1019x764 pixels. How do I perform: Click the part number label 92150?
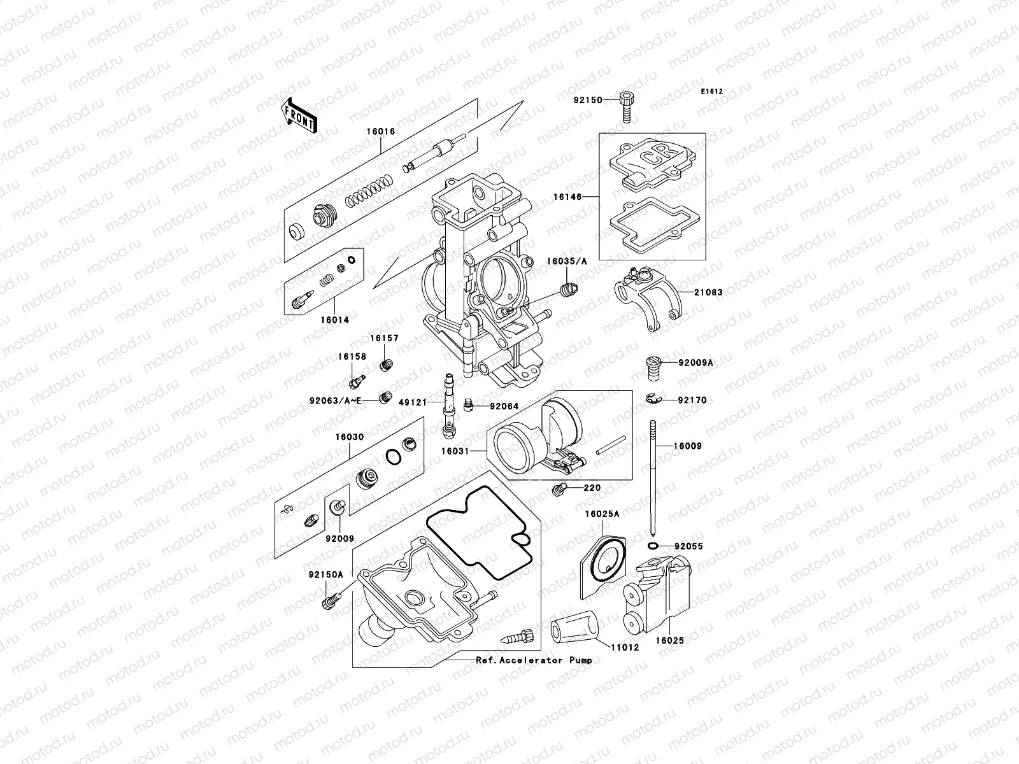[587, 100]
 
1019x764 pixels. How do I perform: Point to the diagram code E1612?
[712, 92]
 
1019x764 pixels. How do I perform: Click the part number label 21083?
[709, 292]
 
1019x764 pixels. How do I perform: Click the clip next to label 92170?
[652, 399]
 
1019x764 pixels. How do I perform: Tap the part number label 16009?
[688, 446]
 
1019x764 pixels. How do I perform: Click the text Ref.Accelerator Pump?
[534, 660]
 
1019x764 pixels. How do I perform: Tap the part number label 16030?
[350, 437]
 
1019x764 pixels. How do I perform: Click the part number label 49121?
[412, 402]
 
